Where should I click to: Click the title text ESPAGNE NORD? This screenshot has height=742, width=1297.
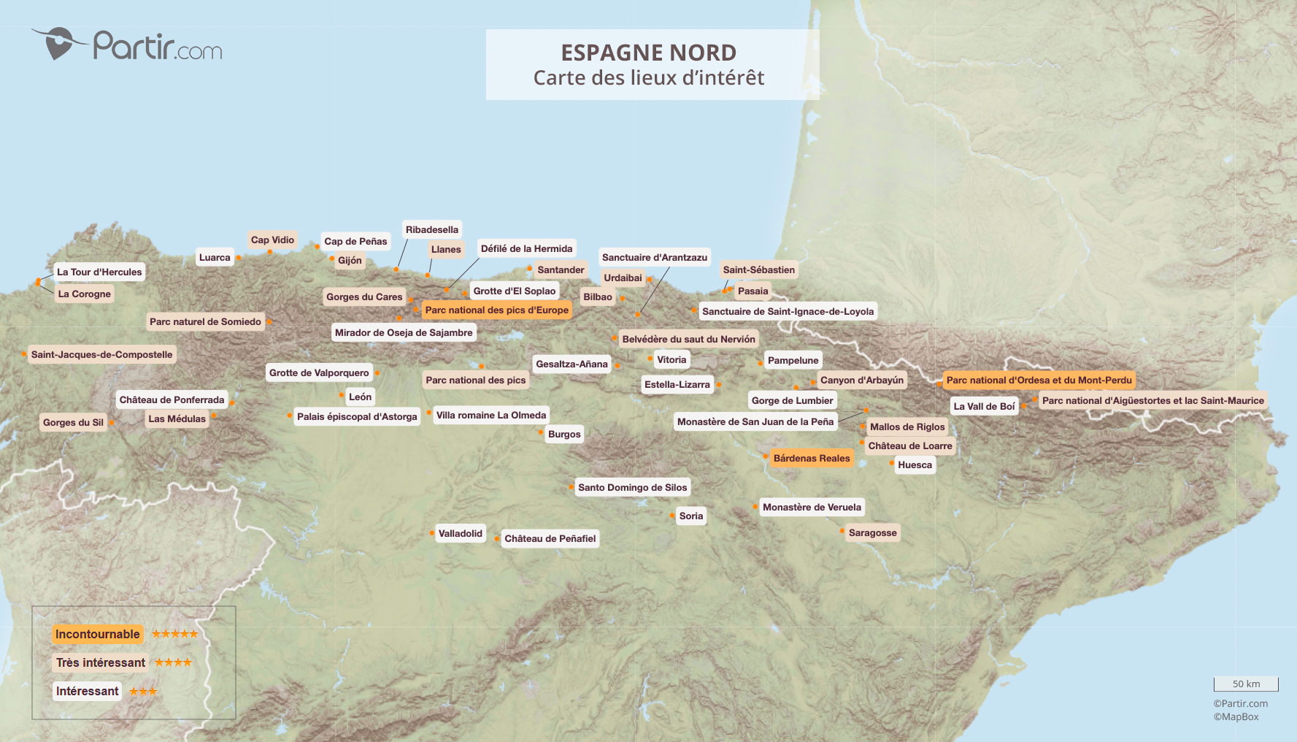[x=648, y=53]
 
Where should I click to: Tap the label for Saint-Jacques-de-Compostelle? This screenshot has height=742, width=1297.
[x=101, y=355]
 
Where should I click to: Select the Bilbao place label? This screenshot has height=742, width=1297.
[x=597, y=297]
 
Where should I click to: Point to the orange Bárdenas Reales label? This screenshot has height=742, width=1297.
[x=811, y=459]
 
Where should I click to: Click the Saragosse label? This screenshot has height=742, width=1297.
[x=872, y=533]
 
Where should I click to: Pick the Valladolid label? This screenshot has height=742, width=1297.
[x=460, y=534]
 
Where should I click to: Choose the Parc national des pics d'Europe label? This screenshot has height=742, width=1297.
[x=496, y=310]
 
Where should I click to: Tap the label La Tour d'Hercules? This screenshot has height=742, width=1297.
[x=99, y=272]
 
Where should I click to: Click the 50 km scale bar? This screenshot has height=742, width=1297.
[x=1245, y=684]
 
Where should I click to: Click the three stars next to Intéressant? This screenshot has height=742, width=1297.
[x=143, y=692]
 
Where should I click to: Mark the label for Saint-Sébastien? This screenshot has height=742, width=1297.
[x=758, y=270]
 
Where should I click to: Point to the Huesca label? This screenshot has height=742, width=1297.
[x=915, y=465]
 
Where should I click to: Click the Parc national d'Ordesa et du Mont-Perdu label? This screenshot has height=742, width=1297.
[x=1039, y=380]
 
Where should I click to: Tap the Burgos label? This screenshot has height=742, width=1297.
[x=564, y=435]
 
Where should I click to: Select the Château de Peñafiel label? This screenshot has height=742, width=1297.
[x=550, y=539]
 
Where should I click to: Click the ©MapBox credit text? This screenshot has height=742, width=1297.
[x=1236, y=717]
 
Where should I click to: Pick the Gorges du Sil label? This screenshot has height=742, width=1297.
[x=73, y=423]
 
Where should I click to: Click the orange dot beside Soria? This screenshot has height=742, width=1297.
[x=672, y=516]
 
